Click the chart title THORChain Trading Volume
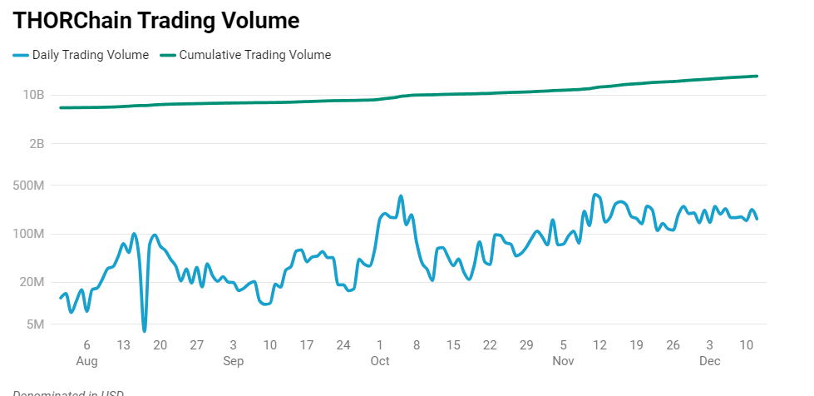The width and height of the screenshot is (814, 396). click(156, 21)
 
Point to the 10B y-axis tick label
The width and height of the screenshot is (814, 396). click(34, 95)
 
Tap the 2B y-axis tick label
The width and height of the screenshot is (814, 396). click(36, 144)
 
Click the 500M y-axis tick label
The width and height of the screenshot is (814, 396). click(29, 186)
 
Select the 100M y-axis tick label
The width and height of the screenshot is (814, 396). click(29, 234)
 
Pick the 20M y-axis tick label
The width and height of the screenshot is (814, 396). click(32, 282)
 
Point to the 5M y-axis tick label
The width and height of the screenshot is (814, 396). click(35, 324)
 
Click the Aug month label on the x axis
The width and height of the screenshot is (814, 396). click(86, 361)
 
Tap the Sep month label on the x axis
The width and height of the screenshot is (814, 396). click(233, 361)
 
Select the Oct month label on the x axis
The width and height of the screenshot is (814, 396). click(380, 361)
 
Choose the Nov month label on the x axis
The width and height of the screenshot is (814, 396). click(563, 361)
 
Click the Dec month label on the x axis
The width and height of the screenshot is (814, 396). click(709, 361)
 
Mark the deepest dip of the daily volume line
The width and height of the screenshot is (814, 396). click(144, 330)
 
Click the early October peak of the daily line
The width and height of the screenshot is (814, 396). click(401, 197)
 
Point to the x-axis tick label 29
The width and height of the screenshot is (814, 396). click(526, 345)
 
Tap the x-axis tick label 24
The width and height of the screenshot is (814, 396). click(343, 345)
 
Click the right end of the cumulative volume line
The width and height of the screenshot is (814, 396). click(757, 77)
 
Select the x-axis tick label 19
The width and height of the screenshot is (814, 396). click(636, 345)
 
